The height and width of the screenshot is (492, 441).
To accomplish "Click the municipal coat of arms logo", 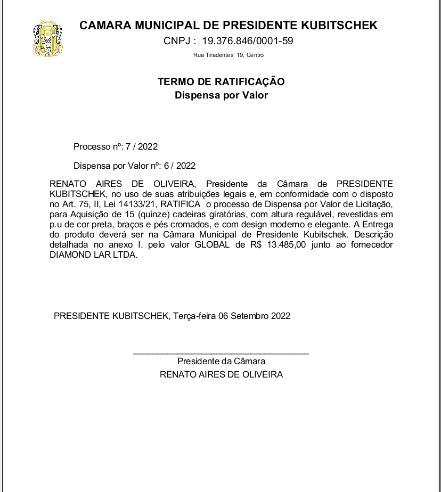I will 48,38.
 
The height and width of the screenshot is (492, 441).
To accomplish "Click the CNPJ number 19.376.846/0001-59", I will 247,41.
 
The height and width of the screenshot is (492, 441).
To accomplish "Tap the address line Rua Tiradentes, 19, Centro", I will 228,55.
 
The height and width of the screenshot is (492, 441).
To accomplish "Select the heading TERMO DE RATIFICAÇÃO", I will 221,82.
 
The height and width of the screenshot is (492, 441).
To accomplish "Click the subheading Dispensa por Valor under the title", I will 221,96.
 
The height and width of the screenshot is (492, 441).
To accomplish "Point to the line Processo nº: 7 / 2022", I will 116,146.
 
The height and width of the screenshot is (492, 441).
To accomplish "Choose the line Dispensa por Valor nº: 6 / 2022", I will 134,166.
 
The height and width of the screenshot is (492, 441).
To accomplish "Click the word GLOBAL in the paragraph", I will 214,244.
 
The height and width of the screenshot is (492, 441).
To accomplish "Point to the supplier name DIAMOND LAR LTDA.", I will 93,255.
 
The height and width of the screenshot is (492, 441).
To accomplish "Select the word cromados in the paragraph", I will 188,224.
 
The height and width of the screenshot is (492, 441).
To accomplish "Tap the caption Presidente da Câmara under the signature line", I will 221,362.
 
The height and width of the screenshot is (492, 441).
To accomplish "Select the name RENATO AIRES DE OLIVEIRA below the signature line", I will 221,374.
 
